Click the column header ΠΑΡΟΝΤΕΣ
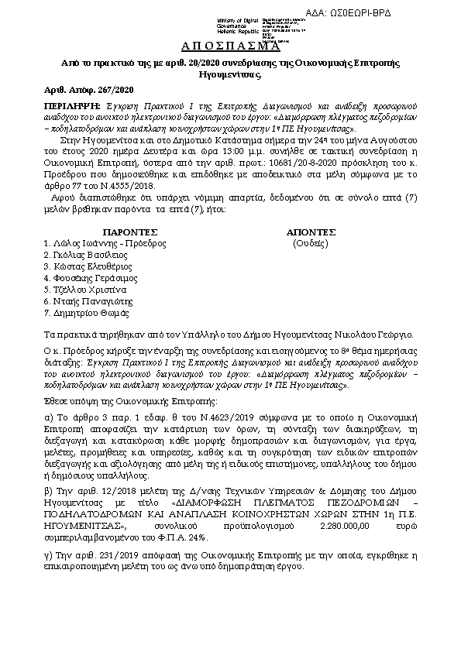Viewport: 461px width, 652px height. point(130,232)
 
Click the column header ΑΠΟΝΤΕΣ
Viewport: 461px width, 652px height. point(311,232)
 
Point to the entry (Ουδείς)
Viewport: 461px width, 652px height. point(310,242)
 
